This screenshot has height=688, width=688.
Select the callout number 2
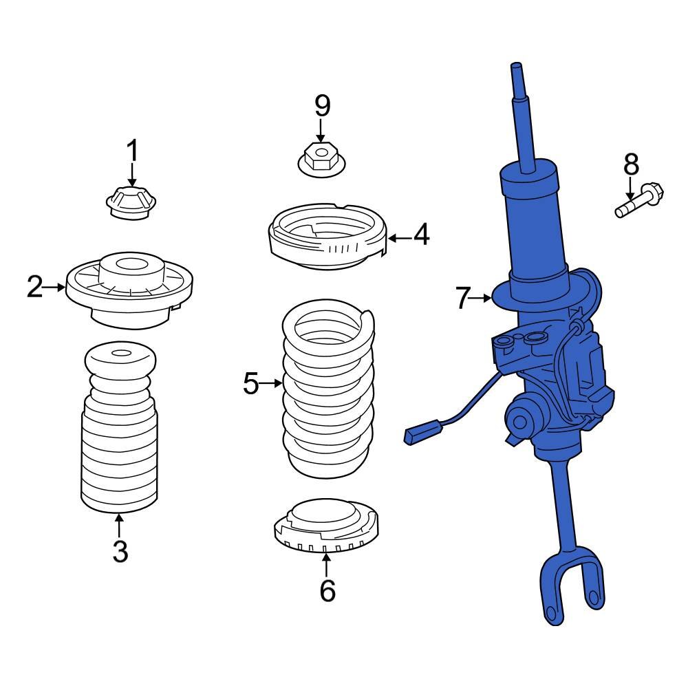click(34, 287)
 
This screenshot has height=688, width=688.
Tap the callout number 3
click(120, 551)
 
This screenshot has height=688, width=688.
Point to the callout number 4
click(420, 235)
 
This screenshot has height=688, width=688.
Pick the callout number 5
click(251, 383)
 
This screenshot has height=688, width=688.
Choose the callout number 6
click(327, 590)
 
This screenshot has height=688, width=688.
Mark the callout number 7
click(463, 298)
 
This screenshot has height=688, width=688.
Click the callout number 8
click(631, 164)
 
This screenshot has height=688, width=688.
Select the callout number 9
click(322, 106)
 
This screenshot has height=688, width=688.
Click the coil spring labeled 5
click(329, 392)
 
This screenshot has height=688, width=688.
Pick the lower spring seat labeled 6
click(327, 526)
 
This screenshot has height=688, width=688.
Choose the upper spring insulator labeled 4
click(327, 241)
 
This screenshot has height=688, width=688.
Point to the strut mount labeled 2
click(129, 289)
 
